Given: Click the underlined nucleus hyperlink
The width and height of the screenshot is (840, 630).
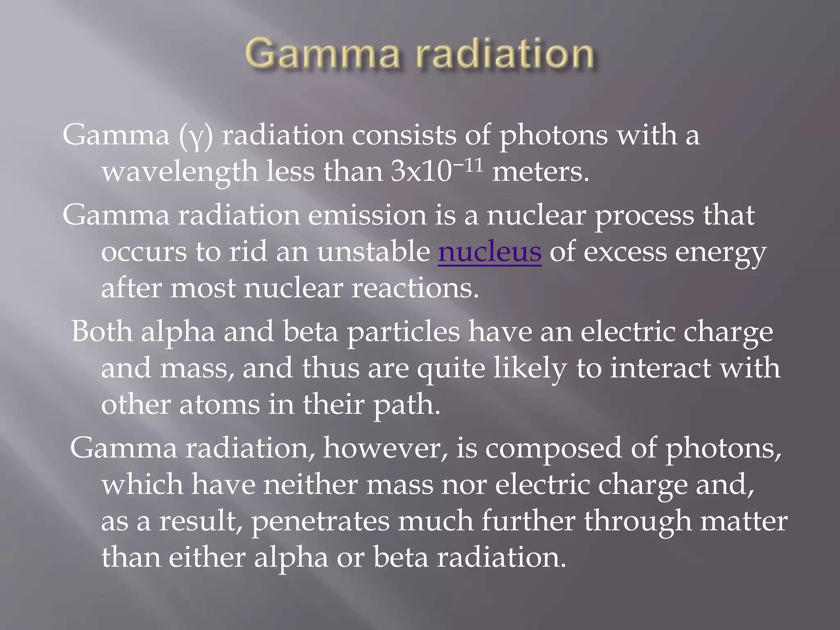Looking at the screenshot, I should [x=490, y=252].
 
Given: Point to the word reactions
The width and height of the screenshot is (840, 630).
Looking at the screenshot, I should [x=415, y=288].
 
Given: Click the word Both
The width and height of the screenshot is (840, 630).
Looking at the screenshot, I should [x=102, y=331].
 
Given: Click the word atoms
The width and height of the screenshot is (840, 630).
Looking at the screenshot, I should [x=219, y=405].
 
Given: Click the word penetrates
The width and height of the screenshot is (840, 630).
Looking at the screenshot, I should [x=320, y=521].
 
